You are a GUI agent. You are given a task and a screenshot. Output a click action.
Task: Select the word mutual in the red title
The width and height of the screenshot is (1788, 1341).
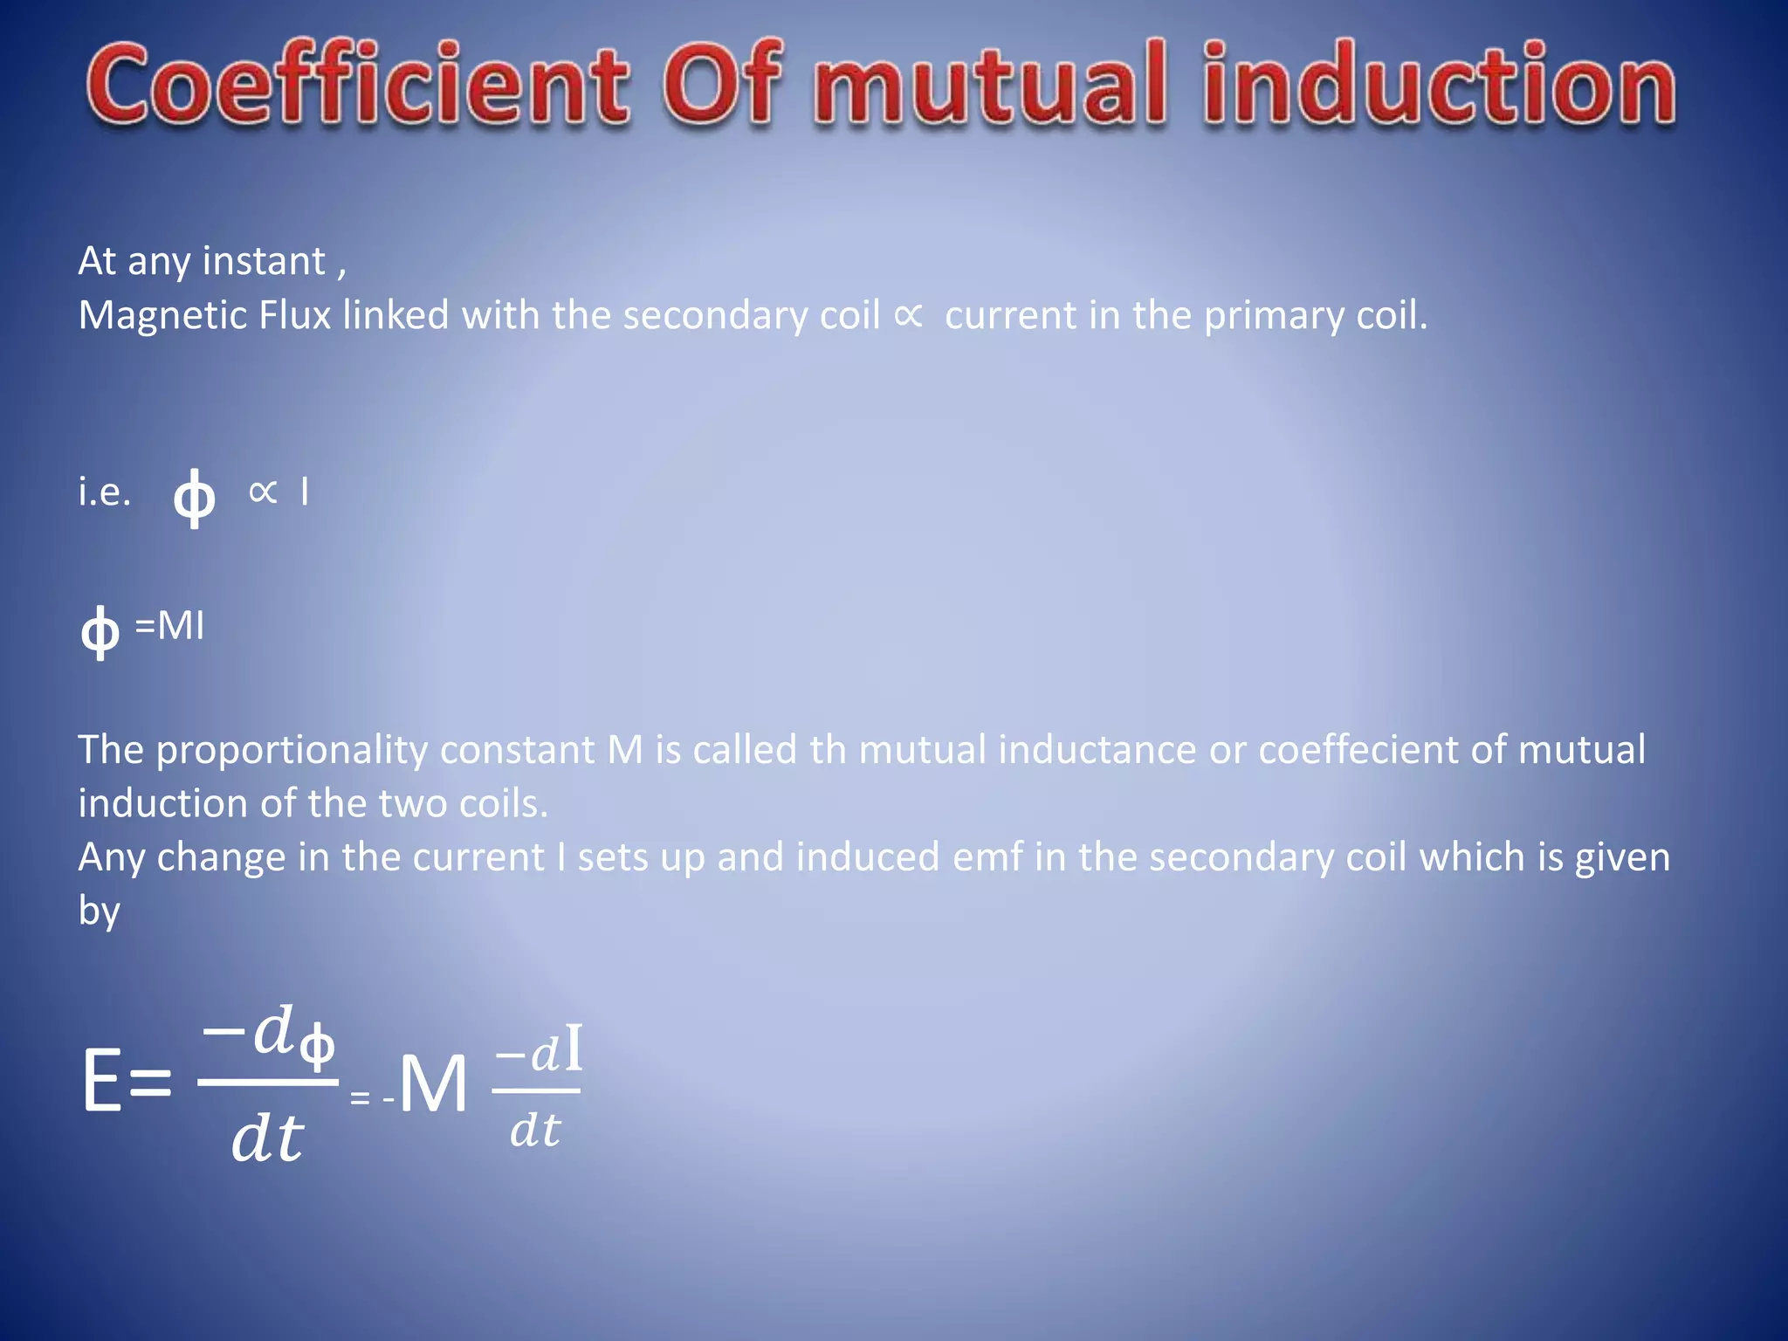[990, 86]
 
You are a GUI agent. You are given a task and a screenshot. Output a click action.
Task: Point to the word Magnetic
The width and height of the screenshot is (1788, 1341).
[162, 315]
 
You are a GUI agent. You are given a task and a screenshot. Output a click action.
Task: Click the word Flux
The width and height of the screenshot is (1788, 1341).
[295, 315]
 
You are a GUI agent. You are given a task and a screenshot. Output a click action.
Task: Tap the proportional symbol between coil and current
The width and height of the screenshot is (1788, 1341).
[909, 315]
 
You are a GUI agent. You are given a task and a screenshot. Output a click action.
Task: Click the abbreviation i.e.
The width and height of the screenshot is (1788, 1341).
[105, 492]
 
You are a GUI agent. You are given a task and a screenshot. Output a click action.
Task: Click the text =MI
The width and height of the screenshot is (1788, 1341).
[169, 626]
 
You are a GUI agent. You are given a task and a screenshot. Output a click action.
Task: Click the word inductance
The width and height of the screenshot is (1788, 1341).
[1097, 750]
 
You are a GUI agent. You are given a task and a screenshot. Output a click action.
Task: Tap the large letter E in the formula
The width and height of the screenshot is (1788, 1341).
[102, 1082]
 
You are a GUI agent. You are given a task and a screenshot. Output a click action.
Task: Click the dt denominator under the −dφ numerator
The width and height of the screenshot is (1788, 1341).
[267, 1138]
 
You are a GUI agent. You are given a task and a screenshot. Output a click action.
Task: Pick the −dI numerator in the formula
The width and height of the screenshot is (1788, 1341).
[539, 1051]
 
